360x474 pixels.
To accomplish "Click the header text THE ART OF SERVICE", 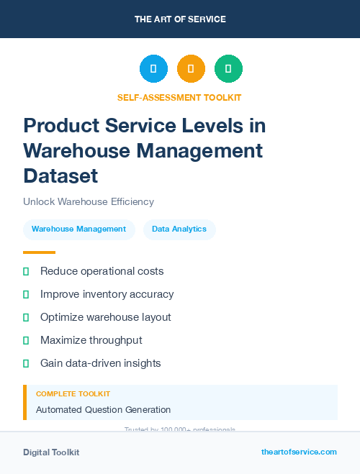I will [x=180, y=19].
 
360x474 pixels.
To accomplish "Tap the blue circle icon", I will [x=153, y=69].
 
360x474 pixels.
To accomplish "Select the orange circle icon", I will [x=191, y=69].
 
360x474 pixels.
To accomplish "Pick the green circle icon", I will [x=228, y=69].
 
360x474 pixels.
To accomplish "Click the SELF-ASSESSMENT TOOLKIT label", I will [x=179, y=97].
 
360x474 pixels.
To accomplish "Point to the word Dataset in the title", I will [x=60, y=176].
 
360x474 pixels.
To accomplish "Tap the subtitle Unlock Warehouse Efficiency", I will [x=89, y=202].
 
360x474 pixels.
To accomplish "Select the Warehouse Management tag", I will [x=79, y=229].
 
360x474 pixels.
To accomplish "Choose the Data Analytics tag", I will [x=179, y=229].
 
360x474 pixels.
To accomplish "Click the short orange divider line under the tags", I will [x=39, y=252].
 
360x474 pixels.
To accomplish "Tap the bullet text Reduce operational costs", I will [x=102, y=271].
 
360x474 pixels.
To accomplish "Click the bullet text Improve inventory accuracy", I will [x=107, y=294].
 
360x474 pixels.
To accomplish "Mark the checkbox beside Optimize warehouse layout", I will [x=26, y=317].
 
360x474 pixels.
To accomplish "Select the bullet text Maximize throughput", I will [x=91, y=340].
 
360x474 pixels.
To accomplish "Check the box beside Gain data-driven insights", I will [x=26, y=363].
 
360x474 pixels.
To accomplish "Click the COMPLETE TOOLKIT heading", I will [x=73, y=394].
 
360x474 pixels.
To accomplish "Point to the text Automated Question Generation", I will [x=103, y=410].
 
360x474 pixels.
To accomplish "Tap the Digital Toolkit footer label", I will [x=51, y=452].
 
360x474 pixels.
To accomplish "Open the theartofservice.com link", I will [x=299, y=452].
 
